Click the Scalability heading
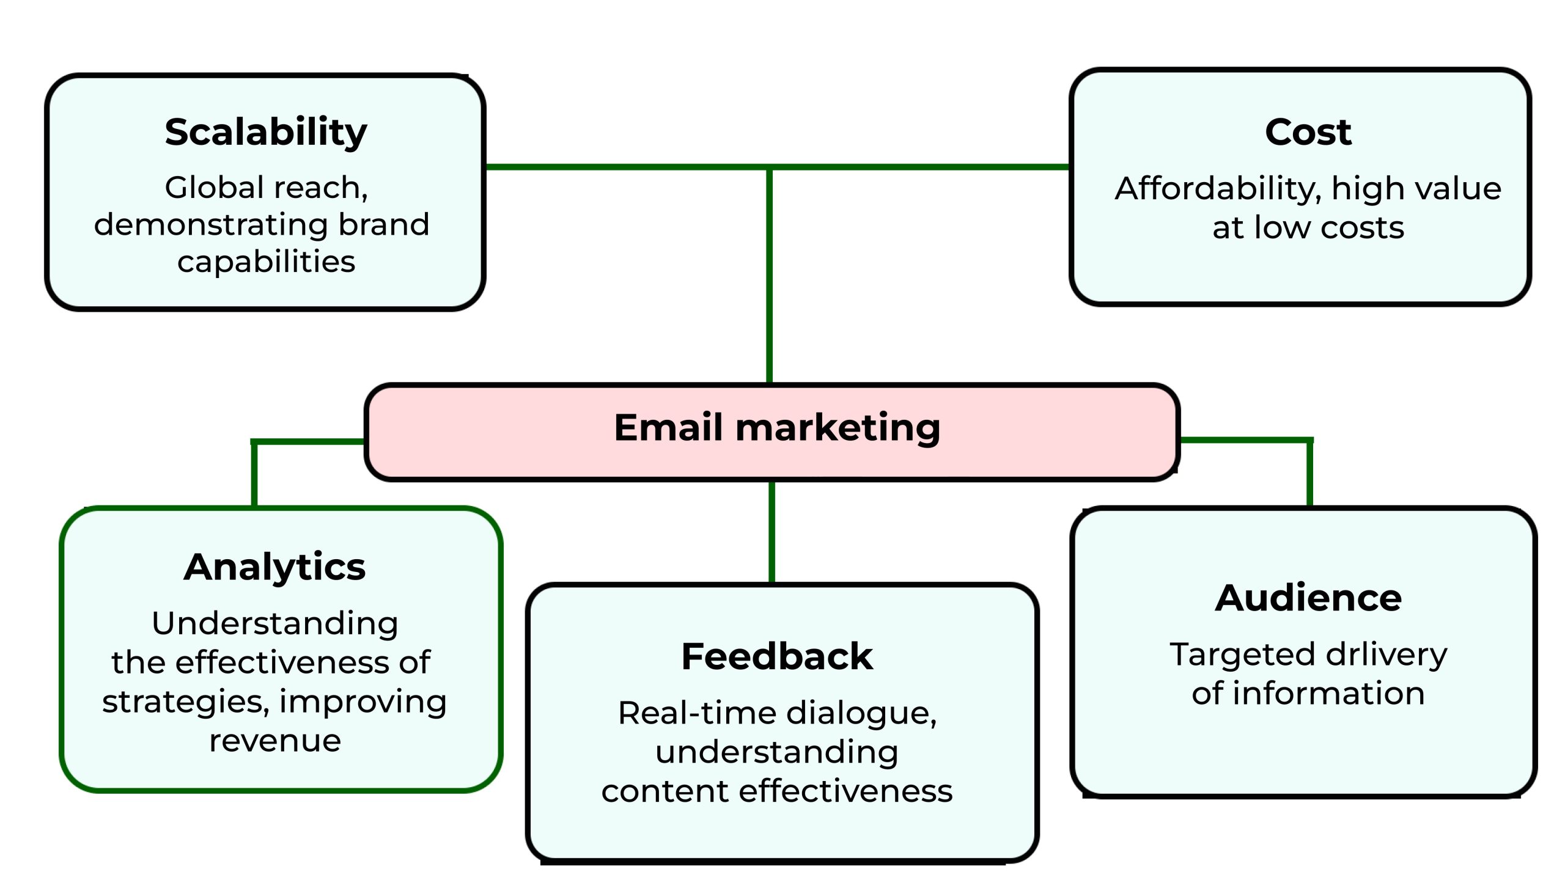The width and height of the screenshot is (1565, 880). (266, 133)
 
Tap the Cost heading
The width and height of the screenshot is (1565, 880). (1308, 132)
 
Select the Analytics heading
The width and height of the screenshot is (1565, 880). (274, 567)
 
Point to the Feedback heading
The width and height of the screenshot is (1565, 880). (777, 657)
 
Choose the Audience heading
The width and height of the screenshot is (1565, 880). (1308, 598)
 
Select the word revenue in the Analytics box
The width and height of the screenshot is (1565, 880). (275, 741)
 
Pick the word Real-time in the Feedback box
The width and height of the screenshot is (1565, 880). (697, 713)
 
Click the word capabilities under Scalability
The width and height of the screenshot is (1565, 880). (266, 262)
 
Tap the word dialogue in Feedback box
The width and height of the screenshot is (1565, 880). (861, 713)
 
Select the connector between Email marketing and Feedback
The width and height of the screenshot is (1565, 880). (771, 532)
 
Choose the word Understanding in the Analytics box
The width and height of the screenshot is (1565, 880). (275, 623)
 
